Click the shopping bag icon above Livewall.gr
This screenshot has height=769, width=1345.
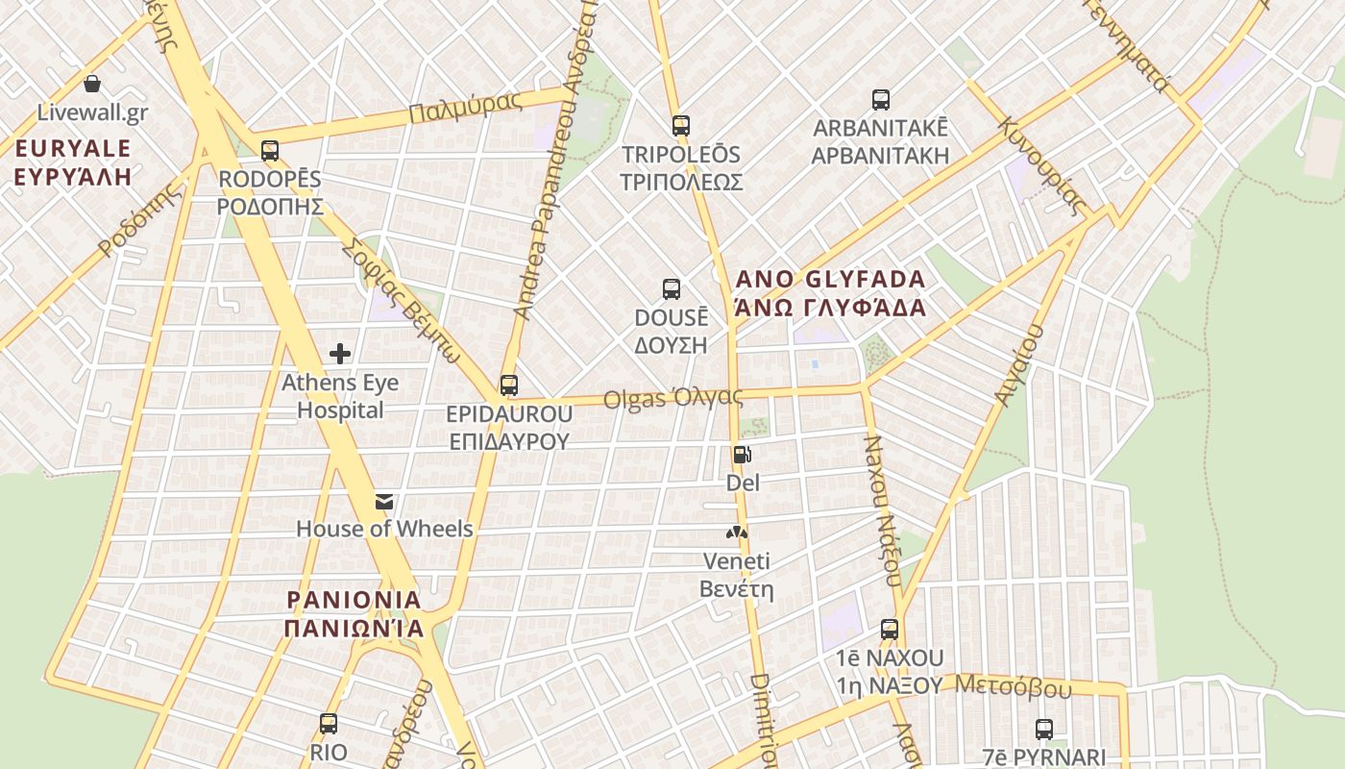92,85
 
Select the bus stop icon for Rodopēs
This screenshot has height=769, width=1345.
270,151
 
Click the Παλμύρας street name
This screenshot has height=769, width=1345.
465,107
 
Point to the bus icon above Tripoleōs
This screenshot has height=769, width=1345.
681,126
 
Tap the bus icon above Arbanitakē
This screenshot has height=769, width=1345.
881,100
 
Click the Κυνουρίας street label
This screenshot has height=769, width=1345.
1042,165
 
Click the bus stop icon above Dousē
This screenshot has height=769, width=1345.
672,289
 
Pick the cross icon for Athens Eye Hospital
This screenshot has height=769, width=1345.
340,354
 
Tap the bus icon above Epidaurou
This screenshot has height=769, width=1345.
509,385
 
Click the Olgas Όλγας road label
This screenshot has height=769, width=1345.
672,397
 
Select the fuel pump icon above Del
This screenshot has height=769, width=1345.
742,455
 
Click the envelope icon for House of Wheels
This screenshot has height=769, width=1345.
384,501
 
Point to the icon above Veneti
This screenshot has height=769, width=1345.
736,532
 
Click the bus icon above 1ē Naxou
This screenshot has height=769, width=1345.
890,631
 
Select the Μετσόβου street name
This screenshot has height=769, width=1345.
1014,686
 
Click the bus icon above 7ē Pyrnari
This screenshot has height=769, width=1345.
1044,730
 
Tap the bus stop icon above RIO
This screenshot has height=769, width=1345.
329,724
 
